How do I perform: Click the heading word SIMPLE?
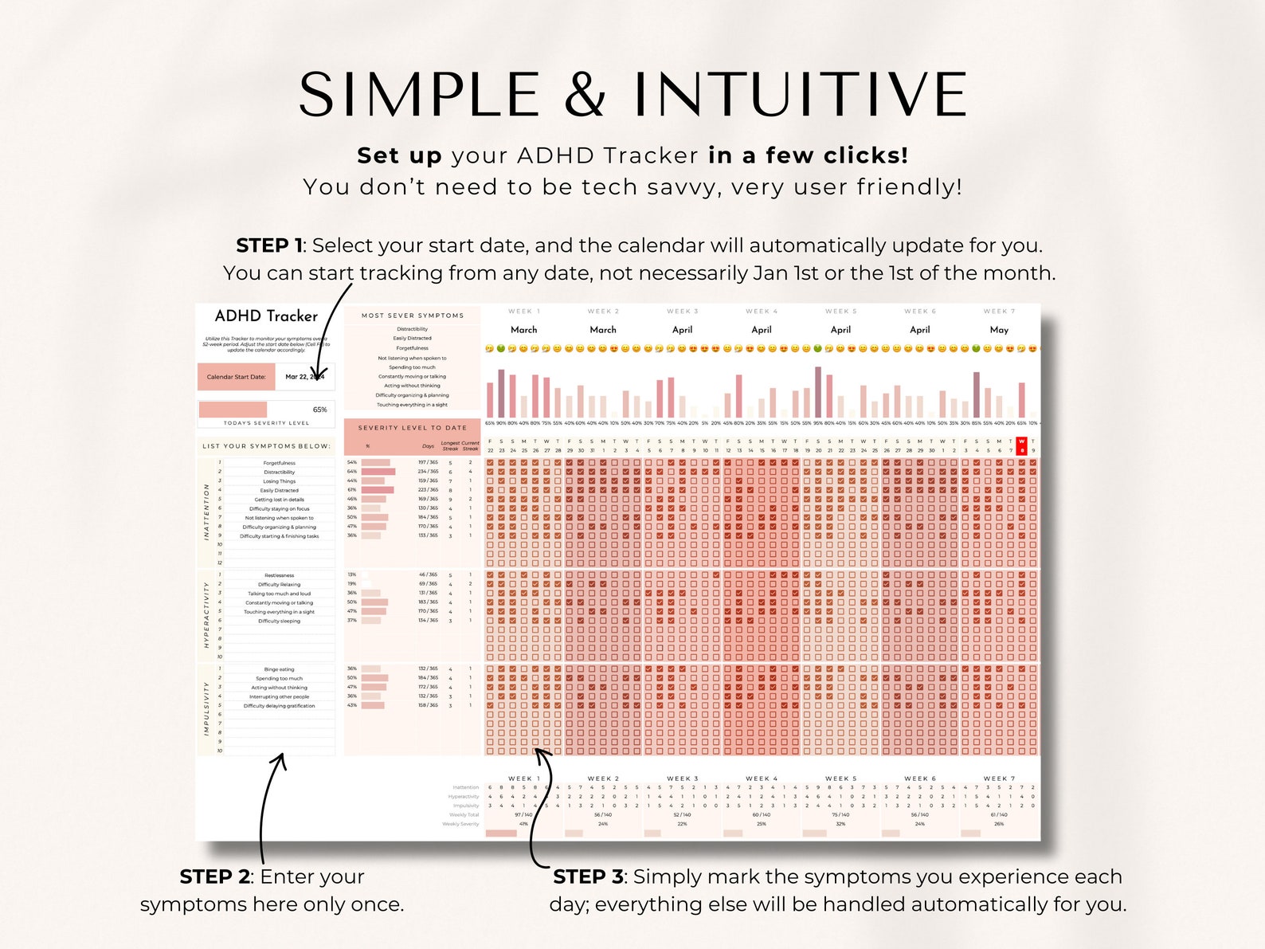(x=419, y=95)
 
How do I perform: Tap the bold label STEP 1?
(x=268, y=245)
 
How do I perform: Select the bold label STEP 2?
(x=214, y=876)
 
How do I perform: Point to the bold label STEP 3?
(x=588, y=876)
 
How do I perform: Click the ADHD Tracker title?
(x=266, y=316)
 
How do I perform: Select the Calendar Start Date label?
(x=236, y=377)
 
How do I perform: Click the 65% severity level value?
(x=319, y=410)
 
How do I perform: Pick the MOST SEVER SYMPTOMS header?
(x=412, y=316)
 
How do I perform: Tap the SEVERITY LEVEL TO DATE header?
(x=412, y=428)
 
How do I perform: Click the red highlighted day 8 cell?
(x=1022, y=446)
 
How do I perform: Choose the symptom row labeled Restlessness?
(x=279, y=575)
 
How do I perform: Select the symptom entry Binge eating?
(x=279, y=669)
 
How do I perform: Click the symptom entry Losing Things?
(x=279, y=481)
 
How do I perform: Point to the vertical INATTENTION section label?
(x=207, y=512)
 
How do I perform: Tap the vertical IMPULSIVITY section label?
(x=207, y=708)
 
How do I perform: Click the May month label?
(x=999, y=330)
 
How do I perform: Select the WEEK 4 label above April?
(x=762, y=312)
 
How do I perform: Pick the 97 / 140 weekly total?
(x=523, y=815)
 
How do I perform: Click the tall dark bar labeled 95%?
(x=818, y=391)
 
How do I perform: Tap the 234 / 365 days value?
(x=428, y=472)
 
